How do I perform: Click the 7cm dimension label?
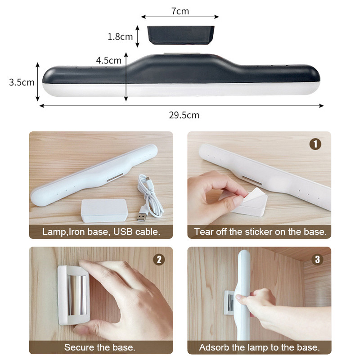point(180,11)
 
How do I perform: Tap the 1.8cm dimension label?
point(120,36)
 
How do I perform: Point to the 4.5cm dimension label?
point(108,60)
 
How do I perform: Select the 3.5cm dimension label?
point(22,82)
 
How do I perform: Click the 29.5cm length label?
point(184,115)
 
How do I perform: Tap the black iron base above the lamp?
point(181,35)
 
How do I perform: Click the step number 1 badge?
point(315,144)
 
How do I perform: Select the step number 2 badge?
point(159,260)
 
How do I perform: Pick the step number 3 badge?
point(318,260)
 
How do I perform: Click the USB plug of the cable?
point(142,217)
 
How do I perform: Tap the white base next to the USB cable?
point(104,211)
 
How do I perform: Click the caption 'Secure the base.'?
point(100,347)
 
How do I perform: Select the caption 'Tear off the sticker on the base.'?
point(260,232)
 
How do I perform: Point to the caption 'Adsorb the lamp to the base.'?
point(260,347)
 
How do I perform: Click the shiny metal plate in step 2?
point(77,295)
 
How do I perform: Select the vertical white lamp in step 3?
point(243,295)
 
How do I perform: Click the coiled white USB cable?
point(150,196)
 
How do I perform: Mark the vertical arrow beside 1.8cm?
point(137,36)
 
